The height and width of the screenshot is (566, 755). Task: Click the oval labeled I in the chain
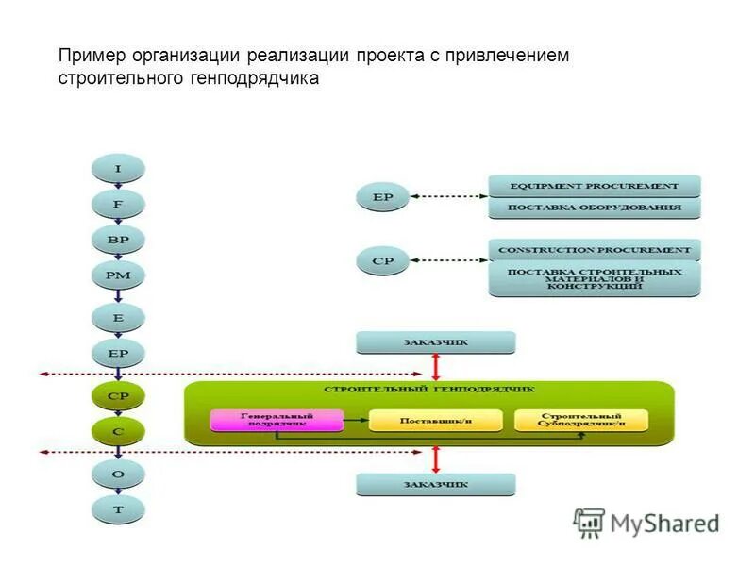coord(118,169)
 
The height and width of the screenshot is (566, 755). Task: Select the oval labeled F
coord(118,204)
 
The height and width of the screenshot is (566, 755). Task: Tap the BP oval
coord(118,240)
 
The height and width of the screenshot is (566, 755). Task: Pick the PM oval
coord(118,276)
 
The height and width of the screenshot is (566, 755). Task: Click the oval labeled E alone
coord(118,318)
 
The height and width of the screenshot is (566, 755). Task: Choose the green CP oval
coord(118,396)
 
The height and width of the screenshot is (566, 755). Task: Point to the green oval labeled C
coord(118,432)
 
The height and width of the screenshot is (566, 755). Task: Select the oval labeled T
coord(118,509)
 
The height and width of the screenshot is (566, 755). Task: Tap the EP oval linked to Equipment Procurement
coord(383,198)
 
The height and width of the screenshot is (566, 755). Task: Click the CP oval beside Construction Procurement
coord(383,260)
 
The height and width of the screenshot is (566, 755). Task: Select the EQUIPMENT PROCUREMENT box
coord(595,186)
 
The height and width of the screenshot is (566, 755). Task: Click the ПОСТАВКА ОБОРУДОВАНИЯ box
coord(595,208)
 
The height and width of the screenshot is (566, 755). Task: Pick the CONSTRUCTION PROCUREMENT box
coord(595,250)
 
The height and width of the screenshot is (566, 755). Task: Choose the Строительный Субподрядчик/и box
coord(581,420)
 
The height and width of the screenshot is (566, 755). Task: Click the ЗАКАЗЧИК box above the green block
coord(435,342)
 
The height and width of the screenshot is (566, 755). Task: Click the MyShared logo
coord(647,522)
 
